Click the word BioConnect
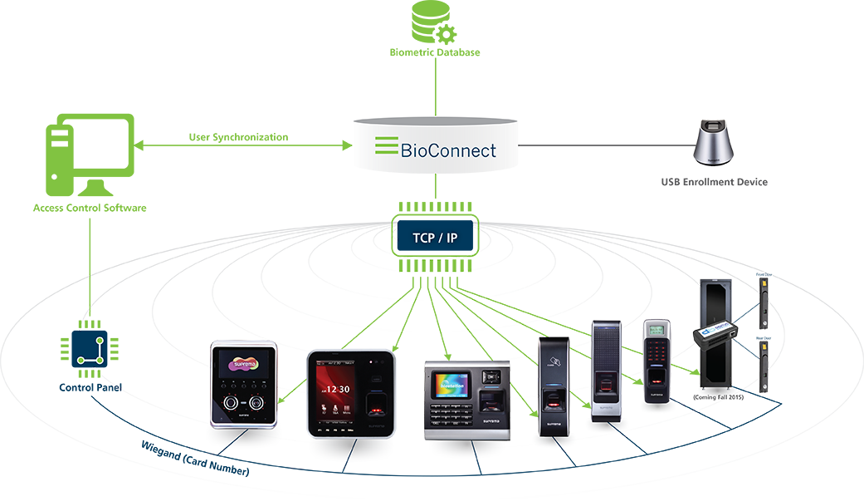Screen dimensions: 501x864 pyautogui.click(x=448, y=150)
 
